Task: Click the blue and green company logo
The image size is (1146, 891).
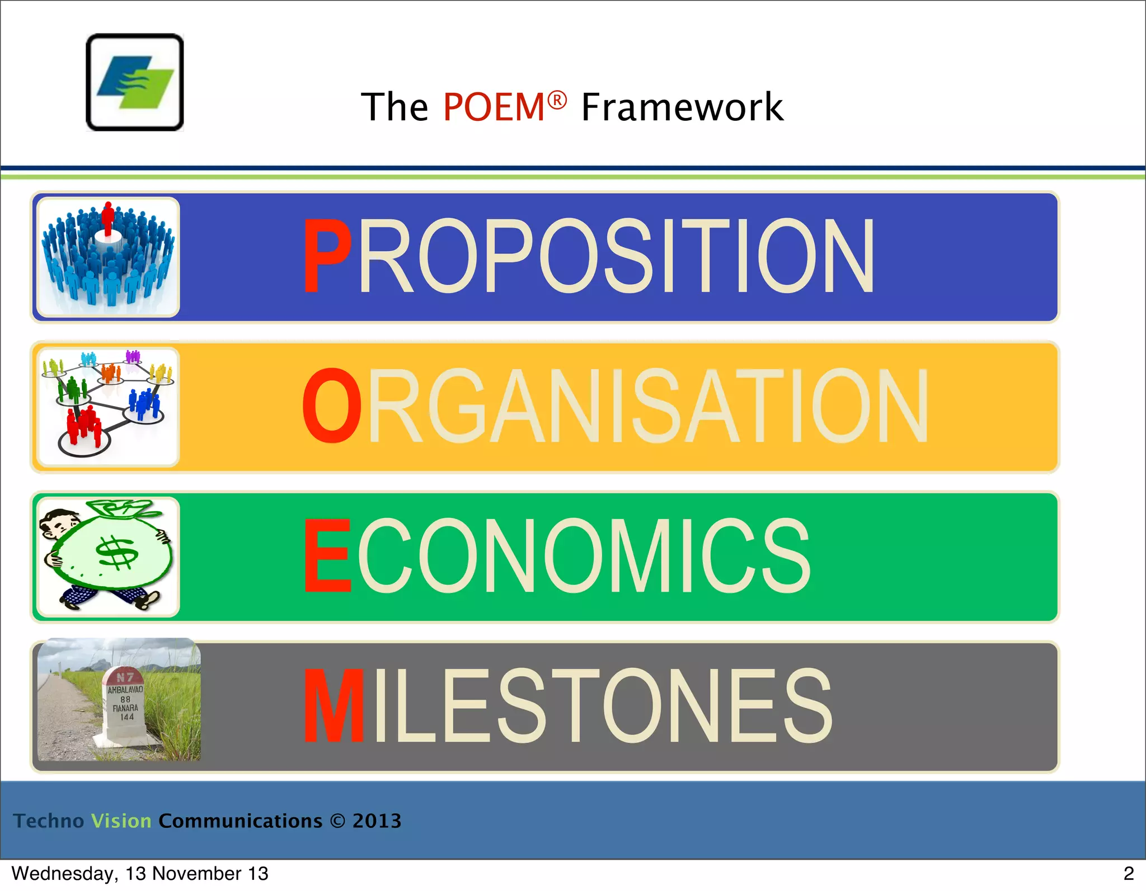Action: pos(135,82)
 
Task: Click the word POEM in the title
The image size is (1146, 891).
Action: pos(494,107)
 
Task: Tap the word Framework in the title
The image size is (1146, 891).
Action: pos(682,107)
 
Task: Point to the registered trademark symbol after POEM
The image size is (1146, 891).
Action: pos(557,100)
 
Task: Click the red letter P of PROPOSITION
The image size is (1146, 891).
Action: pos(327,256)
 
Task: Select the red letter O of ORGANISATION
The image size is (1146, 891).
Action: pos(332,406)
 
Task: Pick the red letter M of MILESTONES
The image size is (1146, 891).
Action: pos(334,706)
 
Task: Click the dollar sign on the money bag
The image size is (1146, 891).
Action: pos(116,553)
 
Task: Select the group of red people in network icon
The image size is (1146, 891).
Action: pos(83,426)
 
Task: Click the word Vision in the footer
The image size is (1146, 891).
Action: pos(121,821)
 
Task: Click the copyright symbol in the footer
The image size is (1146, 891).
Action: pos(337,821)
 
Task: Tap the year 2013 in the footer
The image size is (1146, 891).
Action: pos(377,821)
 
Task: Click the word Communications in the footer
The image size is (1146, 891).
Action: pos(241,821)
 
